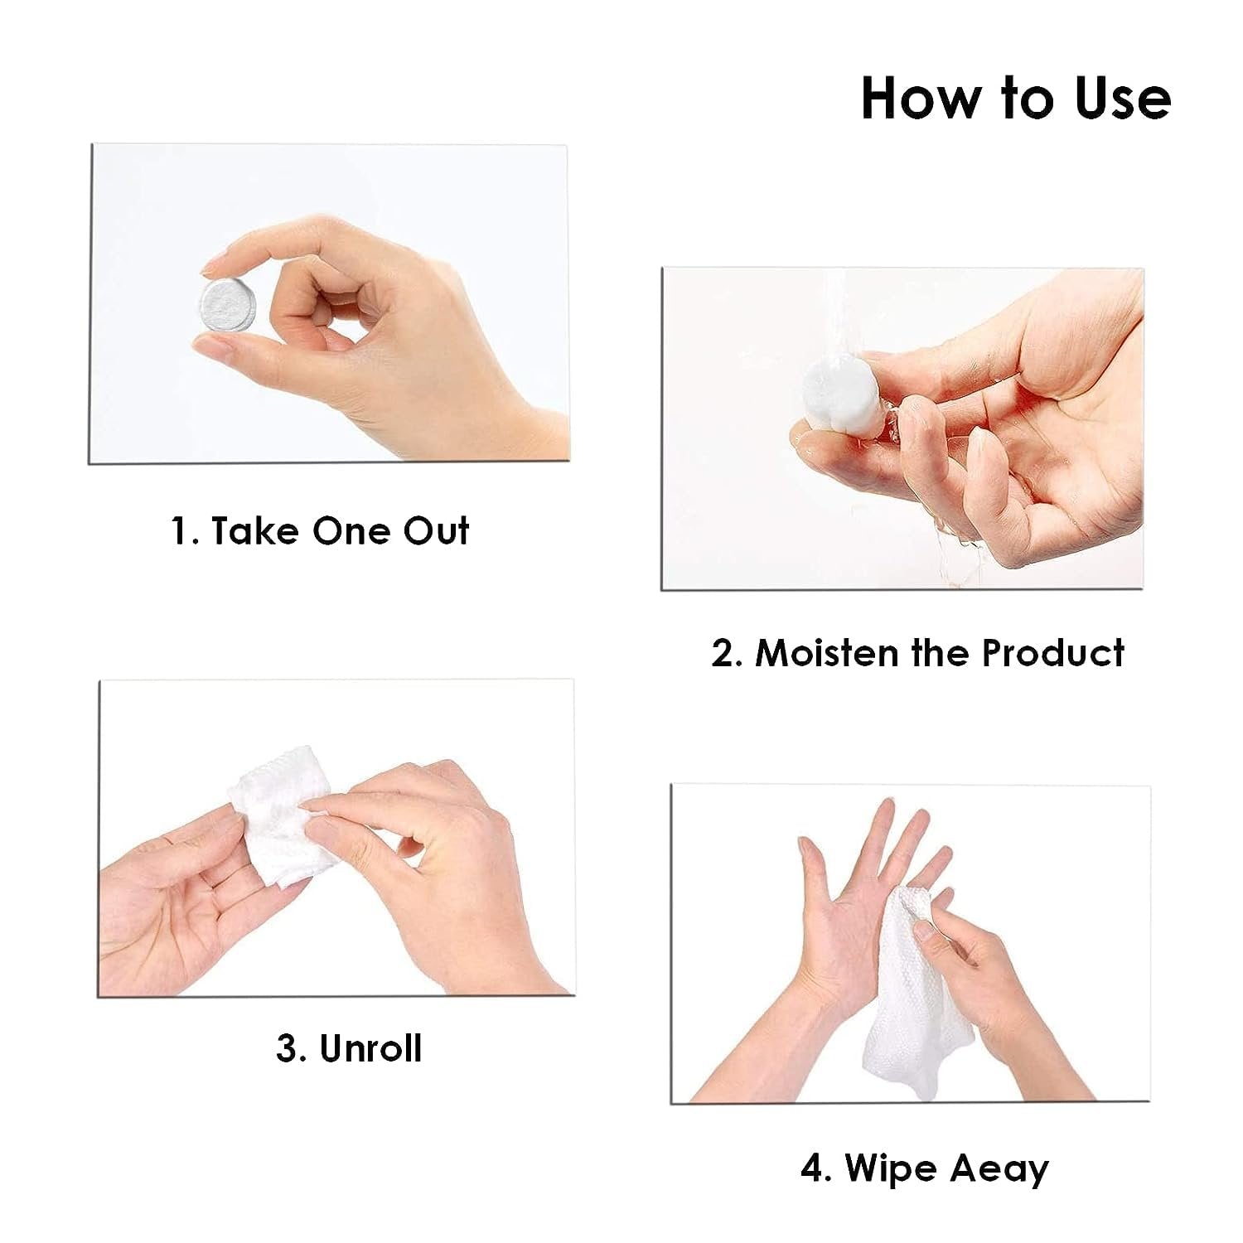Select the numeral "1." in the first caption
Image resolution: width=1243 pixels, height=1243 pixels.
pyautogui.click(x=185, y=531)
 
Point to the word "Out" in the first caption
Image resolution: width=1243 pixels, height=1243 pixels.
pyautogui.click(x=436, y=531)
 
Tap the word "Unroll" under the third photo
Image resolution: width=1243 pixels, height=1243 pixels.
pyautogui.click(x=370, y=1048)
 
